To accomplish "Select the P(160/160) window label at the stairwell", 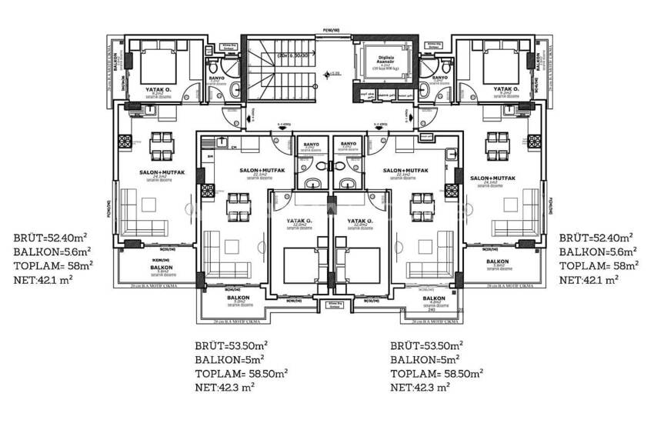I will pos(331,30).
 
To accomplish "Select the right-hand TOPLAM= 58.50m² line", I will pos(437,373).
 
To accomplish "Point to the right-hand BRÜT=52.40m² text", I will pos(596,238).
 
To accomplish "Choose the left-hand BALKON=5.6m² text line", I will pos(52,251).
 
